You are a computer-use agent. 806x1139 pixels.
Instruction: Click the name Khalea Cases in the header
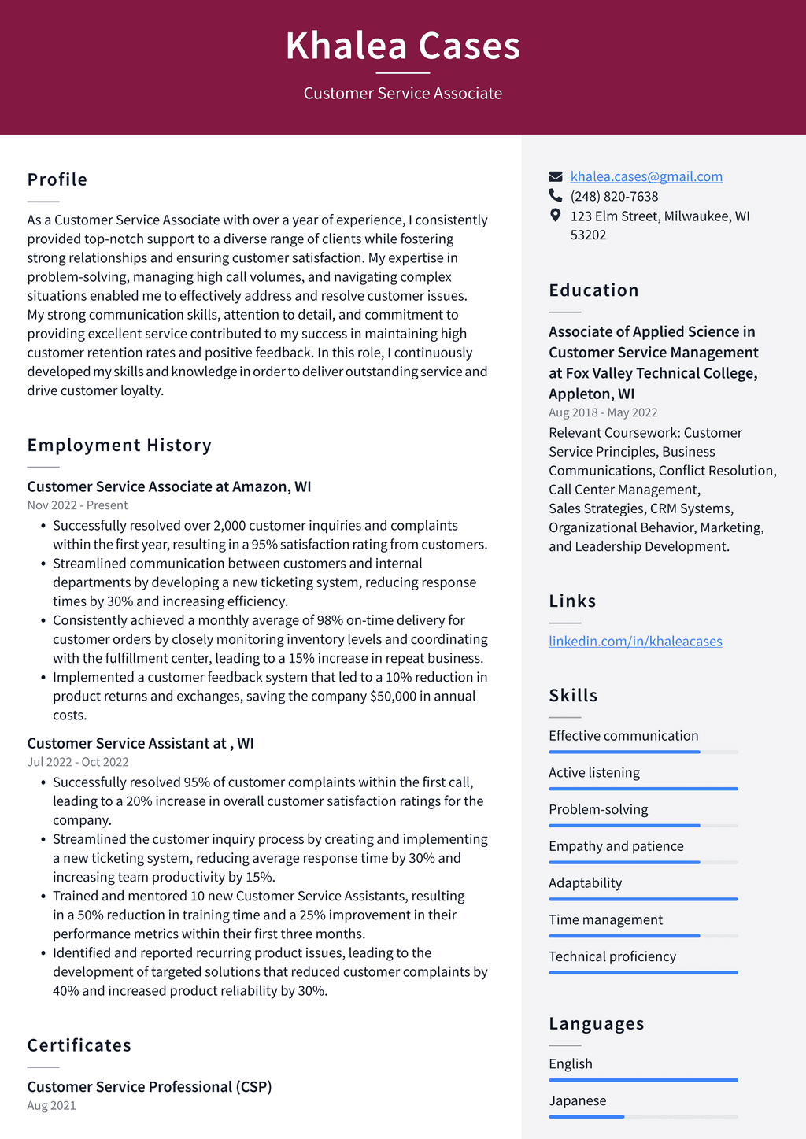pyautogui.click(x=402, y=46)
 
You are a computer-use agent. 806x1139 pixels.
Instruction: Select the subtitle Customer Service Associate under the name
pyautogui.click(x=402, y=94)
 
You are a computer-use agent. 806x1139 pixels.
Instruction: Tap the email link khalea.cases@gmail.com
pyautogui.click(x=646, y=176)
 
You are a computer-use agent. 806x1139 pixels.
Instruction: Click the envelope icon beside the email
pyautogui.click(x=556, y=176)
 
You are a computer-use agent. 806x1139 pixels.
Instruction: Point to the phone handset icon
pyautogui.click(x=556, y=195)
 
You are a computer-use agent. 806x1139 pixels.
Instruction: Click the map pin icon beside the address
pyautogui.click(x=556, y=215)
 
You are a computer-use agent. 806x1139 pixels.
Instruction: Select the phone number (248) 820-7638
pyautogui.click(x=614, y=196)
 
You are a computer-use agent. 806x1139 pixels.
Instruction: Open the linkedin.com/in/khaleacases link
pyautogui.click(x=635, y=642)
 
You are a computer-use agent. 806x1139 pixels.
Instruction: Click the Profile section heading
pyautogui.click(x=57, y=179)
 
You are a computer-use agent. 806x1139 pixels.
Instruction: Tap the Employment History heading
pyautogui.click(x=120, y=446)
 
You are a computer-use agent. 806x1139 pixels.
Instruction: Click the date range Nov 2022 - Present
pyautogui.click(x=77, y=505)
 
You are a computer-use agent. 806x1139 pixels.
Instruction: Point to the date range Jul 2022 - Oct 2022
pyautogui.click(x=78, y=762)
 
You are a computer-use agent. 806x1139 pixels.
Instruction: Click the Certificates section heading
pyautogui.click(x=79, y=1045)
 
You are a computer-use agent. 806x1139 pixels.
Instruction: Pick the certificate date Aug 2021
pyautogui.click(x=52, y=1105)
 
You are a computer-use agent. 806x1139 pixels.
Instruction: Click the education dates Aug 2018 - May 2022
pyautogui.click(x=603, y=412)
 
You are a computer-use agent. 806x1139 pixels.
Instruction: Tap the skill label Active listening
pyautogui.click(x=594, y=772)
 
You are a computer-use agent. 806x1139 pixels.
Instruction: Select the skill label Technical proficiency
pyautogui.click(x=612, y=956)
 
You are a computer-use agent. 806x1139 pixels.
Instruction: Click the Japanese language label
pyautogui.click(x=578, y=1100)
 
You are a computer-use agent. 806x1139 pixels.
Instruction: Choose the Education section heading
pyautogui.click(x=593, y=290)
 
